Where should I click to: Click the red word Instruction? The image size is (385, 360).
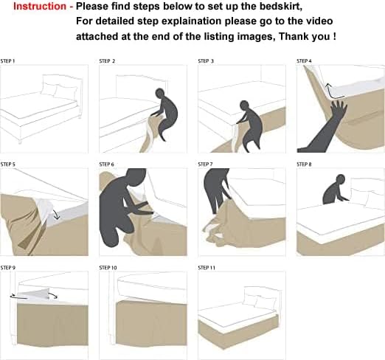click(40, 7)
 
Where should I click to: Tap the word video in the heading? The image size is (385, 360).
click(319, 21)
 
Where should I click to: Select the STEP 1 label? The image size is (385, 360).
click(7, 61)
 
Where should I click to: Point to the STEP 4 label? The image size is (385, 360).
click(304, 61)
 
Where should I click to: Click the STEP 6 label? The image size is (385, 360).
click(107, 165)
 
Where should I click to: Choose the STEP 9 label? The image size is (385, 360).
click(8, 268)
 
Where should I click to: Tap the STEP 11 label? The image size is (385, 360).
click(207, 268)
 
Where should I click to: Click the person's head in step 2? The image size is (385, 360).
click(159, 93)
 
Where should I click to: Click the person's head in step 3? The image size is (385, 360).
click(244, 105)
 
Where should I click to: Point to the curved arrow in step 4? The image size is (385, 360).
click(333, 92)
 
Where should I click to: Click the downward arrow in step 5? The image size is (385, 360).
click(56, 215)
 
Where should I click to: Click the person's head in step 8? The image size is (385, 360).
click(341, 179)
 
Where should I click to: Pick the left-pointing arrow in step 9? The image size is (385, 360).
click(18, 297)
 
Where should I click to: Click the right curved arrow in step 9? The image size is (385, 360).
click(53, 295)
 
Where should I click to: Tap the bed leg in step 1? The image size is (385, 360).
click(20, 142)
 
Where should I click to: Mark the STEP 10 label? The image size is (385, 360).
click(108, 268)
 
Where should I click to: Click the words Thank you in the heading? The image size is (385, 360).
click(305, 36)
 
